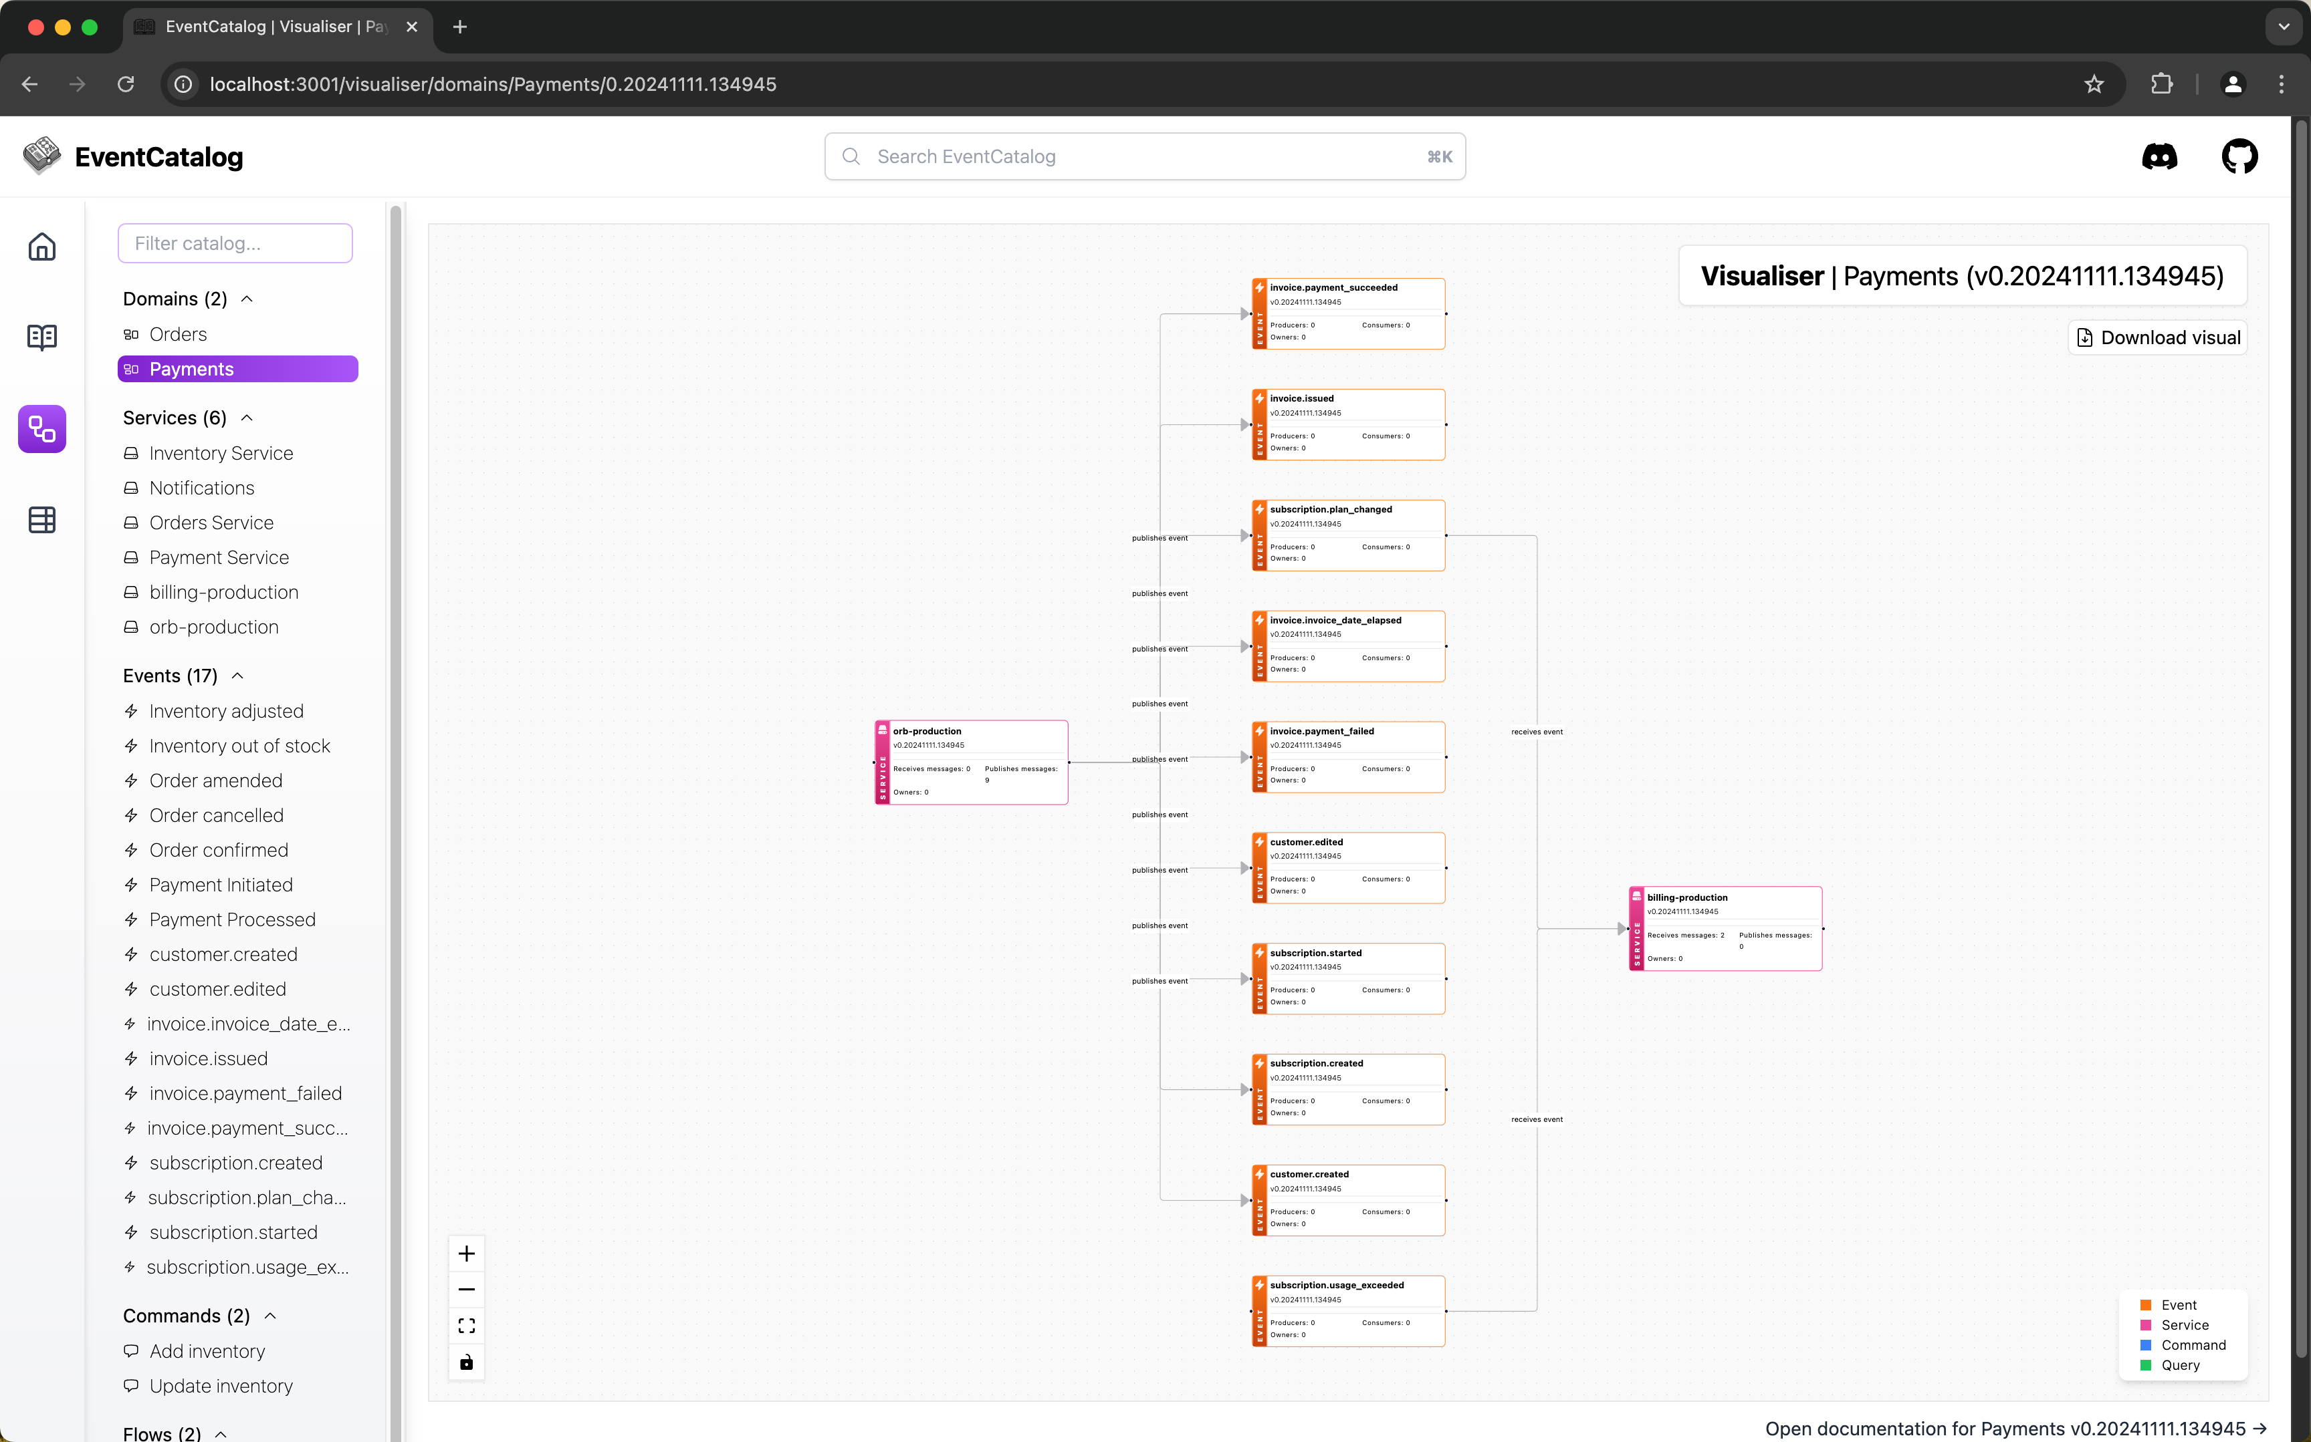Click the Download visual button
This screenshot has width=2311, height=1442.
[x=2159, y=337]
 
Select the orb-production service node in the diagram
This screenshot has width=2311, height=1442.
[x=972, y=762]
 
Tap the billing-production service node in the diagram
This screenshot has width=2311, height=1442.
[x=1725, y=928]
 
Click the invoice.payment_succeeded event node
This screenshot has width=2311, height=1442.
[x=1348, y=313]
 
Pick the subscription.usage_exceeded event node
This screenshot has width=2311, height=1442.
[x=1348, y=1310]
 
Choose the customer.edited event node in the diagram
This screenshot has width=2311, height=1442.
[x=1348, y=867]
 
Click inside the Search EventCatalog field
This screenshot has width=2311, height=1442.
[x=1145, y=156]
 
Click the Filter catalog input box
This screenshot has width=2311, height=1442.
[x=235, y=243]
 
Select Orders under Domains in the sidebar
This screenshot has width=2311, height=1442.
[x=179, y=334]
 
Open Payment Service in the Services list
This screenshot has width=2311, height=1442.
[x=219, y=557]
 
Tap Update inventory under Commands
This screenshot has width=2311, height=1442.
[x=221, y=1386]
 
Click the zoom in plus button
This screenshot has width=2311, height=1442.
[x=467, y=1253]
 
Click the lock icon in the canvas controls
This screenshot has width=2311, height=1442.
[x=467, y=1362]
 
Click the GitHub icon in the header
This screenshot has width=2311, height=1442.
[x=2239, y=156]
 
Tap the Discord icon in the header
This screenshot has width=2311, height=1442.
[x=2159, y=156]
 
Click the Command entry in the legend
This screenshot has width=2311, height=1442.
[x=2193, y=1344]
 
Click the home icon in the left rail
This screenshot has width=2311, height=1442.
[x=42, y=247]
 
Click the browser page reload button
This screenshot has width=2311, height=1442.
[x=126, y=84]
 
